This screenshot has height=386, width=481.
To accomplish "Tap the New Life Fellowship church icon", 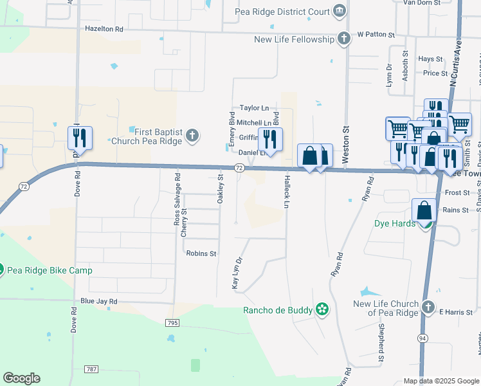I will [344, 39].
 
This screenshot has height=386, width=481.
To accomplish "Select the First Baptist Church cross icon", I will [192, 136].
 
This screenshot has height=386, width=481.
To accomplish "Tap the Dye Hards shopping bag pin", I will [424, 210].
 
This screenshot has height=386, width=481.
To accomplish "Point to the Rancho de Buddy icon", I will [322, 311].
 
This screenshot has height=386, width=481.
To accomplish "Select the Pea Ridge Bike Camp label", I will [50, 270].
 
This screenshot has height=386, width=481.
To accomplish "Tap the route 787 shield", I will [91, 369].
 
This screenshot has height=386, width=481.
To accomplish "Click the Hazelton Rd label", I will [104, 30].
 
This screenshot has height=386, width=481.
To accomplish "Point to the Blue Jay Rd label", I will [99, 301].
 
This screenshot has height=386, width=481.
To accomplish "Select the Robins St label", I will [201, 253].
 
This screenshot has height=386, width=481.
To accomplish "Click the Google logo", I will [22, 378].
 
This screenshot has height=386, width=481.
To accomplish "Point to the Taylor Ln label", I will [253, 108].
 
